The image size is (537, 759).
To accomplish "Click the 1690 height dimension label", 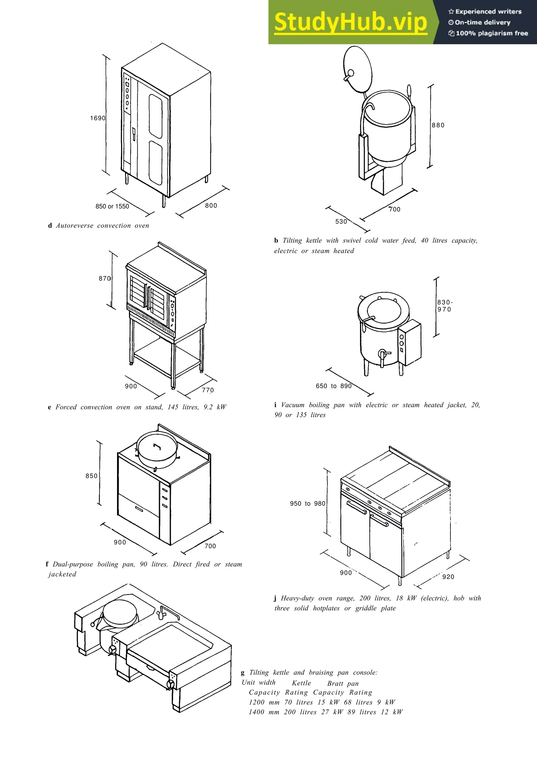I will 98,118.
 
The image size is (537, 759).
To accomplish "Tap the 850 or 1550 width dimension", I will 112,207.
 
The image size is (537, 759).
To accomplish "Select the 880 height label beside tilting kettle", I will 438,125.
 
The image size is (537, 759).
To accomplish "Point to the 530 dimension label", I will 341,222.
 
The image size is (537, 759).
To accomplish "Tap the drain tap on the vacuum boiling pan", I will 383,355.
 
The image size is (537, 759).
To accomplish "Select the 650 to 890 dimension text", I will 334,386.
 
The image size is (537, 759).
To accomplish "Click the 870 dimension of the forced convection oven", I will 105,279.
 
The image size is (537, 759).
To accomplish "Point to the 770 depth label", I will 208,390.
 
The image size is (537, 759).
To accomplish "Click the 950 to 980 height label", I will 308,504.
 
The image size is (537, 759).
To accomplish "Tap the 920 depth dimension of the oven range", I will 448,577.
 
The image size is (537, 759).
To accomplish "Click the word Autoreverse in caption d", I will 74,226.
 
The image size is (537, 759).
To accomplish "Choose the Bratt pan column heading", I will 343,684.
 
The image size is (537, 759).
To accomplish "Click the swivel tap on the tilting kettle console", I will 162,612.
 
